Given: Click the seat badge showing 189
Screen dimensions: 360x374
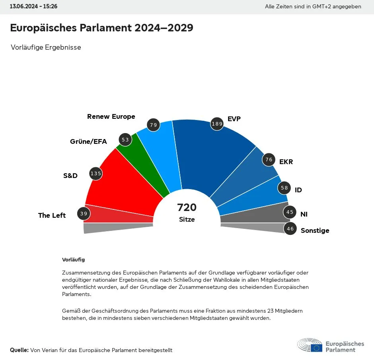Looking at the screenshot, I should click(217, 124).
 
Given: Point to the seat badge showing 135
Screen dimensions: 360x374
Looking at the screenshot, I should click(96, 173).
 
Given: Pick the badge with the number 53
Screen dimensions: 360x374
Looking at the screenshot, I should click(125, 139).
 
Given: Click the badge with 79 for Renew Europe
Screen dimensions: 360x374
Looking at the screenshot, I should click(153, 125).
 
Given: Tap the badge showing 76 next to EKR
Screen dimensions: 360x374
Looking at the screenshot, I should click(269, 160).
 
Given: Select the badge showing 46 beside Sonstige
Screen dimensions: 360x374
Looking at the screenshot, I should click(290, 228).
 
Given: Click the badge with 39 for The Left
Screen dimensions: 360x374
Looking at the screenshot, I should click(84, 214).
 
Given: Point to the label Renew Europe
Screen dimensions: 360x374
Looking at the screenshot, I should click(111, 116).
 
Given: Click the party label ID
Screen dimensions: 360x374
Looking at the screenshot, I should click(298, 190).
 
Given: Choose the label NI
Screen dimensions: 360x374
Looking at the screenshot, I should click(304, 214).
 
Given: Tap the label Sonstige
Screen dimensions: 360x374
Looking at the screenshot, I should click(315, 230).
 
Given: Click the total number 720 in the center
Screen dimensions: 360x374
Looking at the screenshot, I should click(187, 207).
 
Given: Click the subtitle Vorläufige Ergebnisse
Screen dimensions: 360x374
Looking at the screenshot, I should click(46, 47).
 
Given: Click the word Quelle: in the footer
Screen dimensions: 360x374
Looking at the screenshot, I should click(19, 350).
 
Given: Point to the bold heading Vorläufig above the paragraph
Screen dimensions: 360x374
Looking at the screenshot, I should click(73, 259).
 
